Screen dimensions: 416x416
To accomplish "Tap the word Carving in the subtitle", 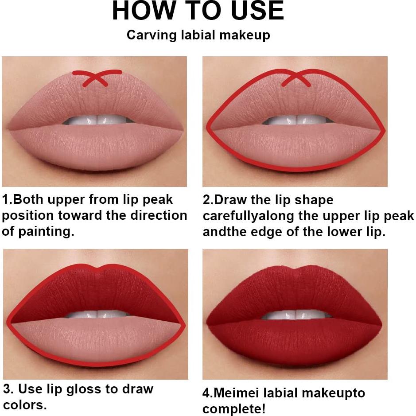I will [152, 35].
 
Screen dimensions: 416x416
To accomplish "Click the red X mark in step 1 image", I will [97, 78].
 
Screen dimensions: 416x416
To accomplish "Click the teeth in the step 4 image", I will [296, 315].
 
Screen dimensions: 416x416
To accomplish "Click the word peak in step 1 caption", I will [158, 200].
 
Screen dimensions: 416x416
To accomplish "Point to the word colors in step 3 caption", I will [25, 404].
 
